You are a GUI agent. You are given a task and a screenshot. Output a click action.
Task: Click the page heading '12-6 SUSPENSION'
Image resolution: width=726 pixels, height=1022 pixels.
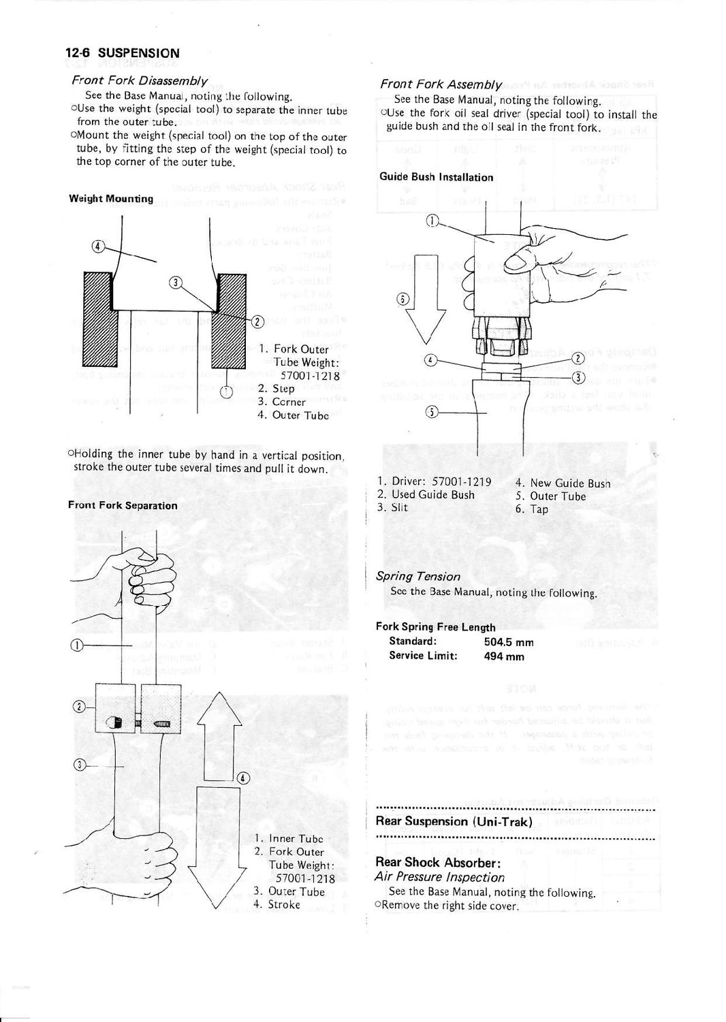(123, 53)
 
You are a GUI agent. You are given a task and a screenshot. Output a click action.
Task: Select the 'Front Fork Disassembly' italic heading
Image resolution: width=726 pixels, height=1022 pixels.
(140, 80)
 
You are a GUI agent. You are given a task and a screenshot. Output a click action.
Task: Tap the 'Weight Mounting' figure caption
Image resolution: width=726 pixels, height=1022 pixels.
(111, 199)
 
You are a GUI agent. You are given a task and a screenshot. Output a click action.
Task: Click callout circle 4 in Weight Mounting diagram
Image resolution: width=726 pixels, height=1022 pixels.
(99, 246)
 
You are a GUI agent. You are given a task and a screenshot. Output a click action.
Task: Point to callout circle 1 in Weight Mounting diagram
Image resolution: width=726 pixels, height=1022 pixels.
(227, 390)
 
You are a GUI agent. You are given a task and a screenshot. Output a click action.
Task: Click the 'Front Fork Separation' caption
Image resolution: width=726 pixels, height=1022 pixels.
(123, 505)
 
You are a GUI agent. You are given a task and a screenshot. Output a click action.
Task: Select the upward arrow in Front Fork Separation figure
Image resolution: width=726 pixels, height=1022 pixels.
(219, 735)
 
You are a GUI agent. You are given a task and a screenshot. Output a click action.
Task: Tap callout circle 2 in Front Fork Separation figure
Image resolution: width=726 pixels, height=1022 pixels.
(79, 706)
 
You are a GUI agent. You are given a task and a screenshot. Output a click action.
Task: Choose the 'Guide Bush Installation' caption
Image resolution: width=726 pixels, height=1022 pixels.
(436, 177)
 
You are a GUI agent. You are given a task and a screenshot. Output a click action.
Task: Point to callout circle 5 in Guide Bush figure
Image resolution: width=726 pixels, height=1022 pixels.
(430, 412)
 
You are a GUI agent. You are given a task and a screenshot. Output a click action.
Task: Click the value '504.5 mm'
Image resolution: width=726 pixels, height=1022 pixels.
(508, 642)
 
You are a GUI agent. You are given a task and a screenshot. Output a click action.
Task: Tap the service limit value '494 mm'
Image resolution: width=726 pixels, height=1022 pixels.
(504, 656)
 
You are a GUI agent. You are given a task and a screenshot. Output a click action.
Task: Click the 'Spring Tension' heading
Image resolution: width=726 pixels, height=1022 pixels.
(418, 576)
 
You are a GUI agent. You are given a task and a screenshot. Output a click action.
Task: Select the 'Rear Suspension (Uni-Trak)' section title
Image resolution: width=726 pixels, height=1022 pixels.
(454, 821)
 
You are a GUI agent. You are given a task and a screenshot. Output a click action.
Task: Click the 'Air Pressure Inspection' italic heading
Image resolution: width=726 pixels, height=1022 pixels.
(440, 877)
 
